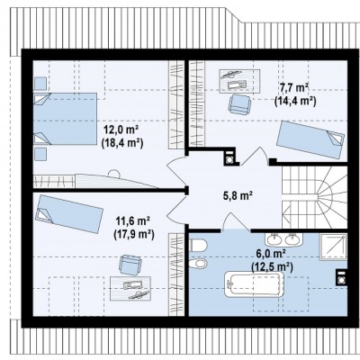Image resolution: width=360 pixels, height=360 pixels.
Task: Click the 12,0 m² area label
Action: (x=121, y=130)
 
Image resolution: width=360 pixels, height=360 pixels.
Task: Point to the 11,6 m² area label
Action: (x=133, y=221)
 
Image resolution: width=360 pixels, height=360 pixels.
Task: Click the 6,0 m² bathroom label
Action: (x=270, y=254)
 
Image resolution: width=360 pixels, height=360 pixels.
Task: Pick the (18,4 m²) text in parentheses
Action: (x=122, y=142)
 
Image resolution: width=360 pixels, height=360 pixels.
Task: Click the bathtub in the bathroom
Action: (x=255, y=284)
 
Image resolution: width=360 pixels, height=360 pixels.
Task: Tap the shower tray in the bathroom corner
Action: (x=334, y=247)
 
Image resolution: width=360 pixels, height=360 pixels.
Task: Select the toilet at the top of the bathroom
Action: (x=198, y=246)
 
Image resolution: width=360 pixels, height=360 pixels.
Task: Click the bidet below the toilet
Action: (x=198, y=264)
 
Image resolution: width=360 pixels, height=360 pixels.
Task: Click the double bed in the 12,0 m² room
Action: (x=65, y=119)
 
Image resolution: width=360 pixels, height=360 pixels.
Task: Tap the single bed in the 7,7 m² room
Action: (x=310, y=139)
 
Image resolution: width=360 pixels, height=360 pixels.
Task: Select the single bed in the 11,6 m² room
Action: (x=69, y=214)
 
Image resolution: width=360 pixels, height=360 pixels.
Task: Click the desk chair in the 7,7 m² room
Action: (x=239, y=104)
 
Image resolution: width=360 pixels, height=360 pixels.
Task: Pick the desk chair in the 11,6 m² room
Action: (x=130, y=265)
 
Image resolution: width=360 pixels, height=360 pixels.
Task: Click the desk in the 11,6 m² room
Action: (x=130, y=288)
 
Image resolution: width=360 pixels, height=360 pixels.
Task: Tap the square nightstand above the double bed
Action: (x=40, y=84)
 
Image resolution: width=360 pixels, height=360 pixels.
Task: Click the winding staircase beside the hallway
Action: (x=314, y=197)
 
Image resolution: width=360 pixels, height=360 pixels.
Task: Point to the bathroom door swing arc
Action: (x=237, y=220)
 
